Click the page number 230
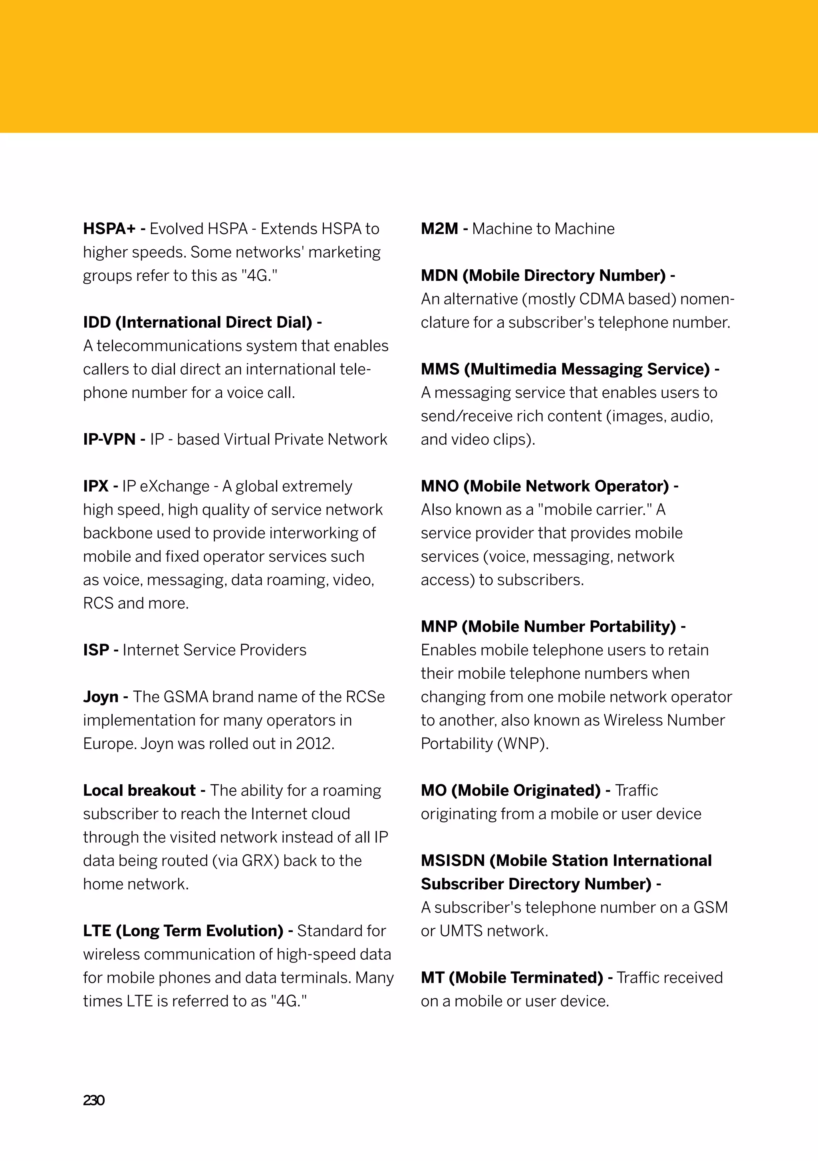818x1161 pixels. pyautogui.click(x=93, y=1100)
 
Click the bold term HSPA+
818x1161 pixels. pyautogui.click(x=109, y=229)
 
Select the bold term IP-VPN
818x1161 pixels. pyautogui.click(x=109, y=439)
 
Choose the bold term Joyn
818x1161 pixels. pyautogui.click(x=101, y=697)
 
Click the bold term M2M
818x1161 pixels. pyautogui.click(x=439, y=229)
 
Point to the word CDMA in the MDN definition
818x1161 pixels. pyautogui.click(x=602, y=299)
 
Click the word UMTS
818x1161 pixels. pyautogui.click(x=461, y=931)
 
